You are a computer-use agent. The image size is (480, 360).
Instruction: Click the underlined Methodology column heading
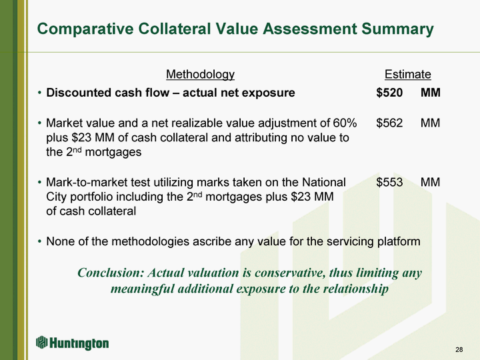pos(200,75)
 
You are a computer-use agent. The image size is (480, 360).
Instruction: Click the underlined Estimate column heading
pos(408,75)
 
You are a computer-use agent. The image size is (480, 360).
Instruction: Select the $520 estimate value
pos(389,93)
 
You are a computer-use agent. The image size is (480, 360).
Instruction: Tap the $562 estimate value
pos(389,123)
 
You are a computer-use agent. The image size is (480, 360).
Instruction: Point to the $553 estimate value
pos(389,182)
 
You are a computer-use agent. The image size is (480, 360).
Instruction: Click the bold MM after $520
pos(431,93)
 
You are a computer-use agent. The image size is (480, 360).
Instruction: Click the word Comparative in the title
pos(85,29)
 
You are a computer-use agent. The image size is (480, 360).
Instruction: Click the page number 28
pos(459,349)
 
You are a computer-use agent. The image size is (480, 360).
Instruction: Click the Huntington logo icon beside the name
pos(41,342)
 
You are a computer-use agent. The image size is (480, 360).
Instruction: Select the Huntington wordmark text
pos(79,343)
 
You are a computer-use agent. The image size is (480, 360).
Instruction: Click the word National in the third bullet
pos(324,182)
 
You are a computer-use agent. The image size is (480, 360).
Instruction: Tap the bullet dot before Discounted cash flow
pos(39,93)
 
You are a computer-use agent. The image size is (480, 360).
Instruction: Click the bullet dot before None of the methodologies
pos(39,241)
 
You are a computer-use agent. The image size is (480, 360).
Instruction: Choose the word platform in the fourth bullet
pos(399,241)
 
